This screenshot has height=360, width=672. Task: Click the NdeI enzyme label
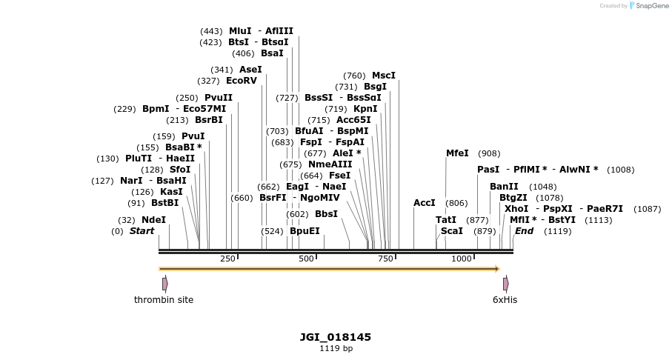point(153,220)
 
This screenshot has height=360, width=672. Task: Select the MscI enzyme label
point(384,76)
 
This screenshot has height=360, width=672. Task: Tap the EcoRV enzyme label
point(241,81)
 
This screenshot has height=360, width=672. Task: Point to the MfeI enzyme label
point(457,153)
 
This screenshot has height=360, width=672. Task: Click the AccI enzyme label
point(425,203)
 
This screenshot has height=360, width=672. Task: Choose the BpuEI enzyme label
point(305,231)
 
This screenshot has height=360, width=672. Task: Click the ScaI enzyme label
point(452,231)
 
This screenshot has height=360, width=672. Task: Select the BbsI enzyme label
point(326,214)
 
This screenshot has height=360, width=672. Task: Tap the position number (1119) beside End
point(557,231)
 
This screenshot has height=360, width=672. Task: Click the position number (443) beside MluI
point(211,31)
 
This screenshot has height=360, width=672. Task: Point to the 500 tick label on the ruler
point(306,259)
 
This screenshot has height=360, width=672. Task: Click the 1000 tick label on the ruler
point(462,259)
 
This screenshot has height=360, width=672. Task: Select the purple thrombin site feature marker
point(164,284)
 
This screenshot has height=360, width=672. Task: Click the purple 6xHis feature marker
point(505,284)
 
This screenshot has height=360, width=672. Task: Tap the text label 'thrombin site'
point(164,300)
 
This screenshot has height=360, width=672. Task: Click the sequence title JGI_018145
point(336,337)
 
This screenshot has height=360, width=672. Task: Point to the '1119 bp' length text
point(336,348)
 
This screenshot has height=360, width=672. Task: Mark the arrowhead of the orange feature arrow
point(497,269)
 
